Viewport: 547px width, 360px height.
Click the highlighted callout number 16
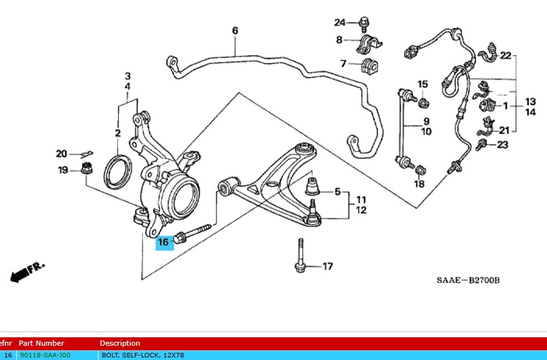point(163,242)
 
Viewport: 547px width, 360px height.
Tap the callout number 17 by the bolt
point(328,266)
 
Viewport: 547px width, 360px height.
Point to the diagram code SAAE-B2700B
point(467,280)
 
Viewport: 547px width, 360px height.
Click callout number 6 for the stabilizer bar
point(235,30)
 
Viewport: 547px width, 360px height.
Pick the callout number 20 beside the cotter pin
point(62,154)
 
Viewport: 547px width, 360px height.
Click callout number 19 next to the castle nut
point(63,171)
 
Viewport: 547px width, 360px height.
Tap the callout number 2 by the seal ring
point(118,134)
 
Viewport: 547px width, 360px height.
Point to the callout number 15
point(422,84)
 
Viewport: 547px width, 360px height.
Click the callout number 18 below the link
point(419,184)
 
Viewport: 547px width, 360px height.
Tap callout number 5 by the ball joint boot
point(337,191)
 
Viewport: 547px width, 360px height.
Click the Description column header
point(120,343)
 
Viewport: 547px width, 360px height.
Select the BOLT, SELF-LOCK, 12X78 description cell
point(143,355)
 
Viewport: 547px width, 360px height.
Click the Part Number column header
point(41,343)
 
